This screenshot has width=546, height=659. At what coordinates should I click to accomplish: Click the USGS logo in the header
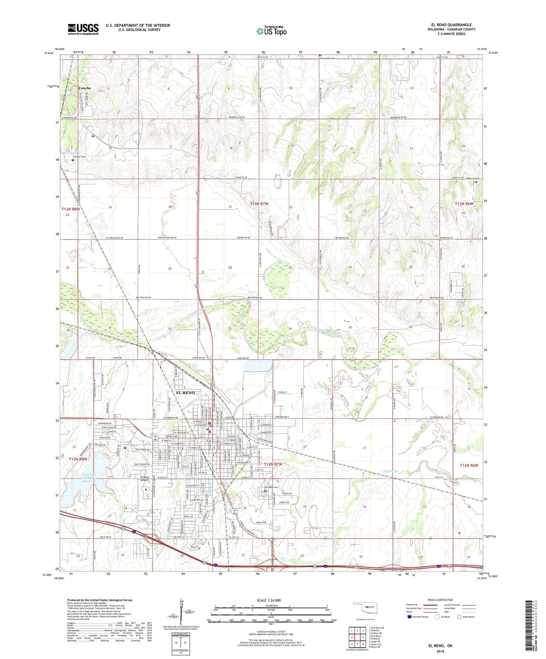83,29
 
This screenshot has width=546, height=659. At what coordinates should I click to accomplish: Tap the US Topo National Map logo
271,31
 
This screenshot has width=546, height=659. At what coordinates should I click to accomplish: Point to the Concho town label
85,88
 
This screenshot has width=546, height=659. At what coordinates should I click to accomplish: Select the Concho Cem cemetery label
79,157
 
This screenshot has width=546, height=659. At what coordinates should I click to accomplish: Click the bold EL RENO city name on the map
186,393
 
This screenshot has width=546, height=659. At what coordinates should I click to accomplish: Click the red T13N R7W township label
259,204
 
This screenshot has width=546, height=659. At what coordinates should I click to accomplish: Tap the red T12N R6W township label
469,465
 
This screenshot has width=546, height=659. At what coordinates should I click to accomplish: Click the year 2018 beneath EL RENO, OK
440,651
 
